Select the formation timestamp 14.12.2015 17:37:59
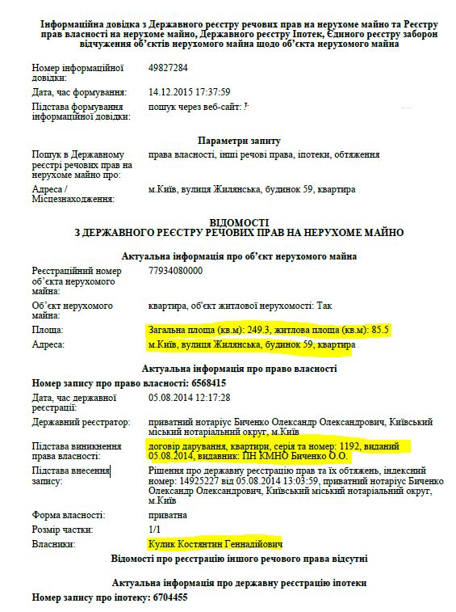(190, 91)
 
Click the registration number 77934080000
(176, 271)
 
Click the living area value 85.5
(380, 330)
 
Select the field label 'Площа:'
(48, 331)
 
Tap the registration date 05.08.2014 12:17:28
(190, 398)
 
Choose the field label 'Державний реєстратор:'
(80, 422)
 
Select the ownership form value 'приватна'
(168, 514)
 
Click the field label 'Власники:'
(54, 545)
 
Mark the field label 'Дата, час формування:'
(80, 91)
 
